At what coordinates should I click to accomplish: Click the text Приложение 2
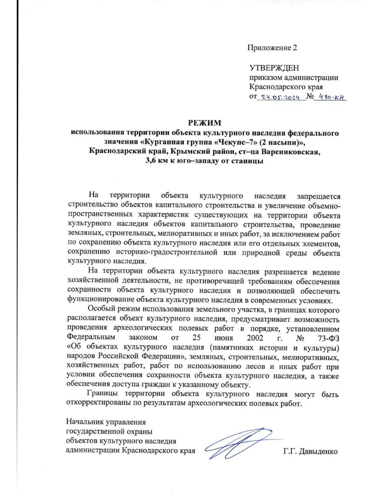click(272, 48)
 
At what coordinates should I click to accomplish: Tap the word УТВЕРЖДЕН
click(274, 68)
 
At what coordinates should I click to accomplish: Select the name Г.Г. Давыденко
click(310, 451)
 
